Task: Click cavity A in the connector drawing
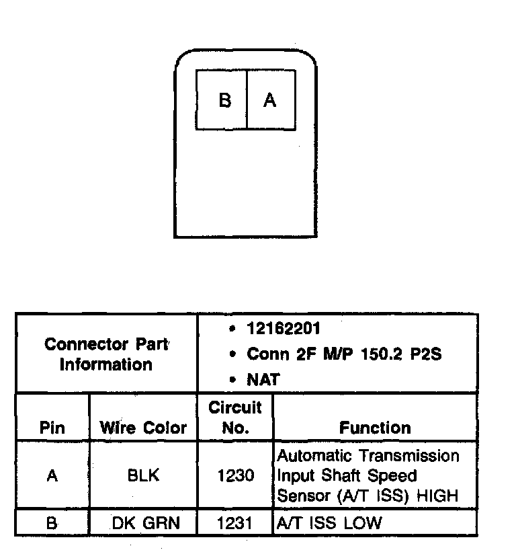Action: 271,100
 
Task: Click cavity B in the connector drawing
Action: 224,100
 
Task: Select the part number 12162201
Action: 284,329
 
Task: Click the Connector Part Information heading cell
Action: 106,354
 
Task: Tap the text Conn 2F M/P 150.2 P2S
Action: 344,354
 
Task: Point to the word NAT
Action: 263,380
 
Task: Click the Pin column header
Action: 52,428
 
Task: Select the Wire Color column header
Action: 143,428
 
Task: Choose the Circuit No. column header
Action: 235,418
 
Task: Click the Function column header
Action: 375,428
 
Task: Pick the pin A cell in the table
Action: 52,476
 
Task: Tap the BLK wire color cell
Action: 143,476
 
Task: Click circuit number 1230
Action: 236,476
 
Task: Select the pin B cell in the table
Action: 52,523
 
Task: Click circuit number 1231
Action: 236,523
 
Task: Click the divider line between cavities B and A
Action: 247,100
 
